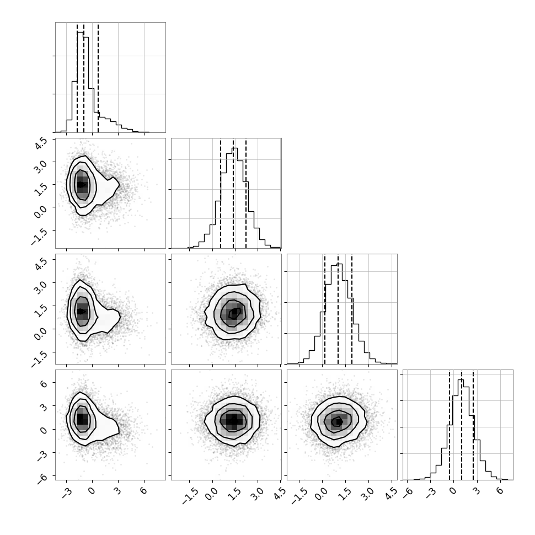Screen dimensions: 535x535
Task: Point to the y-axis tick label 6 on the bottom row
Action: coord(44,384)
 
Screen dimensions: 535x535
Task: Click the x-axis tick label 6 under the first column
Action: coord(143,491)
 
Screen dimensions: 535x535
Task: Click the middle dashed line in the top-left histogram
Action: coord(84,78)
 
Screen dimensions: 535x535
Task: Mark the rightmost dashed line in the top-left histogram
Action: coord(98,78)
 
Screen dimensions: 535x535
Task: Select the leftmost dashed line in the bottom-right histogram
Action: coord(450,425)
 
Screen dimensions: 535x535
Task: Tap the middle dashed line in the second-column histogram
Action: coord(233,194)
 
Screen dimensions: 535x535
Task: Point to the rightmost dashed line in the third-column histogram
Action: coord(352,309)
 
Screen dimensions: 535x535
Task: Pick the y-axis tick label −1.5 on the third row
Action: coord(38,357)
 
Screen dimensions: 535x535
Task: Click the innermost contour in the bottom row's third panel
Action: coord(338,422)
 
